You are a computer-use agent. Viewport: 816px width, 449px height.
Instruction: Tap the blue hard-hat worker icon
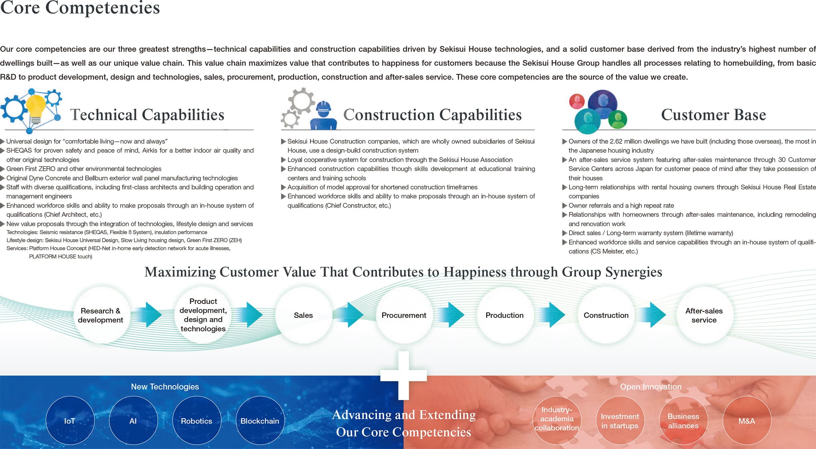tap(323, 115)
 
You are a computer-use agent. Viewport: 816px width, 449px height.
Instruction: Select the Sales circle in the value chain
tap(303, 315)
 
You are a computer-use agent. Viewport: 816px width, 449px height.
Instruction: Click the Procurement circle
tap(404, 315)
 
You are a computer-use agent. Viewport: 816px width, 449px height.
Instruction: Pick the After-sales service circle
tap(704, 315)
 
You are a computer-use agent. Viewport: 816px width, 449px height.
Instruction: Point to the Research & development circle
tap(101, 315)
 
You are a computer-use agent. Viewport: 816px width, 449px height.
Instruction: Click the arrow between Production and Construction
tap(554, 315)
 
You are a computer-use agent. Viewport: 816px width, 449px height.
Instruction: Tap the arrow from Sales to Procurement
tap(352, 315)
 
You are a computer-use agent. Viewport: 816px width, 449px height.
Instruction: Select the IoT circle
tap(70, 420)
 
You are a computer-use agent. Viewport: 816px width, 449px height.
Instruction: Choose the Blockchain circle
tap(260, 420)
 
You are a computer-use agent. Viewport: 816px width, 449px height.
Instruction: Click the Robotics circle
tap(197, 420)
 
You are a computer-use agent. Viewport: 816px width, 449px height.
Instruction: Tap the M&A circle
tap(747, 420)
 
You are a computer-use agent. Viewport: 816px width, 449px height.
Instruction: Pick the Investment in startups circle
tap(620, 420)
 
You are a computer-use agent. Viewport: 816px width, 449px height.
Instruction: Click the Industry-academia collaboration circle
tap(557, 420)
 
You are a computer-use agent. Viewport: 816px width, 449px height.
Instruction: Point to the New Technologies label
tap(165, 387)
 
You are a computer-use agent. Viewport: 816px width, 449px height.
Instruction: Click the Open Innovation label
tap(651, 387)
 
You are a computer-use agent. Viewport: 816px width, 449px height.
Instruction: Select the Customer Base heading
tap(713, 114)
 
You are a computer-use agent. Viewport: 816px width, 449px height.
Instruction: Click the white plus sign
tap(404, 375)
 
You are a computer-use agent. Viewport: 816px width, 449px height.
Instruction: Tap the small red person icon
tap(577, 101)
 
